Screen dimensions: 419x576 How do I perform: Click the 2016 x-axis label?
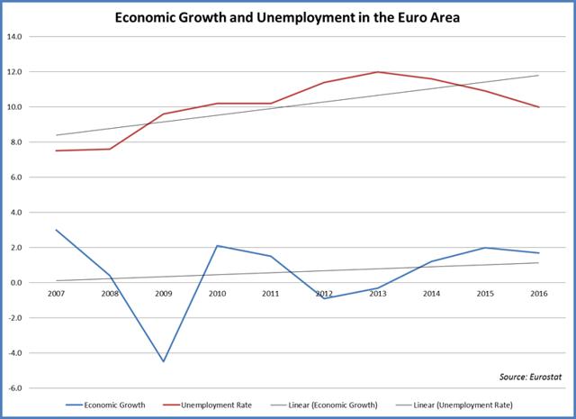[538, 293]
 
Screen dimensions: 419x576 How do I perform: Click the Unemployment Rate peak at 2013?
[376, 72]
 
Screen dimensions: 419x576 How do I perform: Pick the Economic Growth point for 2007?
[56, 230]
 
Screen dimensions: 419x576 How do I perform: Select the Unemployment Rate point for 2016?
[538, 107]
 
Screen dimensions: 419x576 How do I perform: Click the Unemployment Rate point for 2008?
[109, 149]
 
